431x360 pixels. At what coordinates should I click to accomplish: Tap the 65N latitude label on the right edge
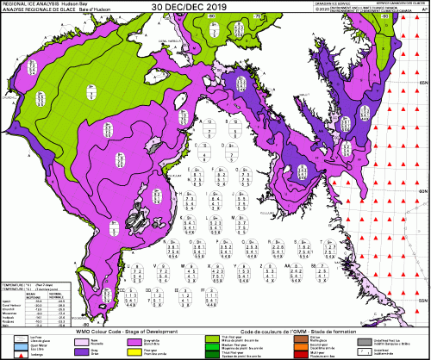pos(423,82)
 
